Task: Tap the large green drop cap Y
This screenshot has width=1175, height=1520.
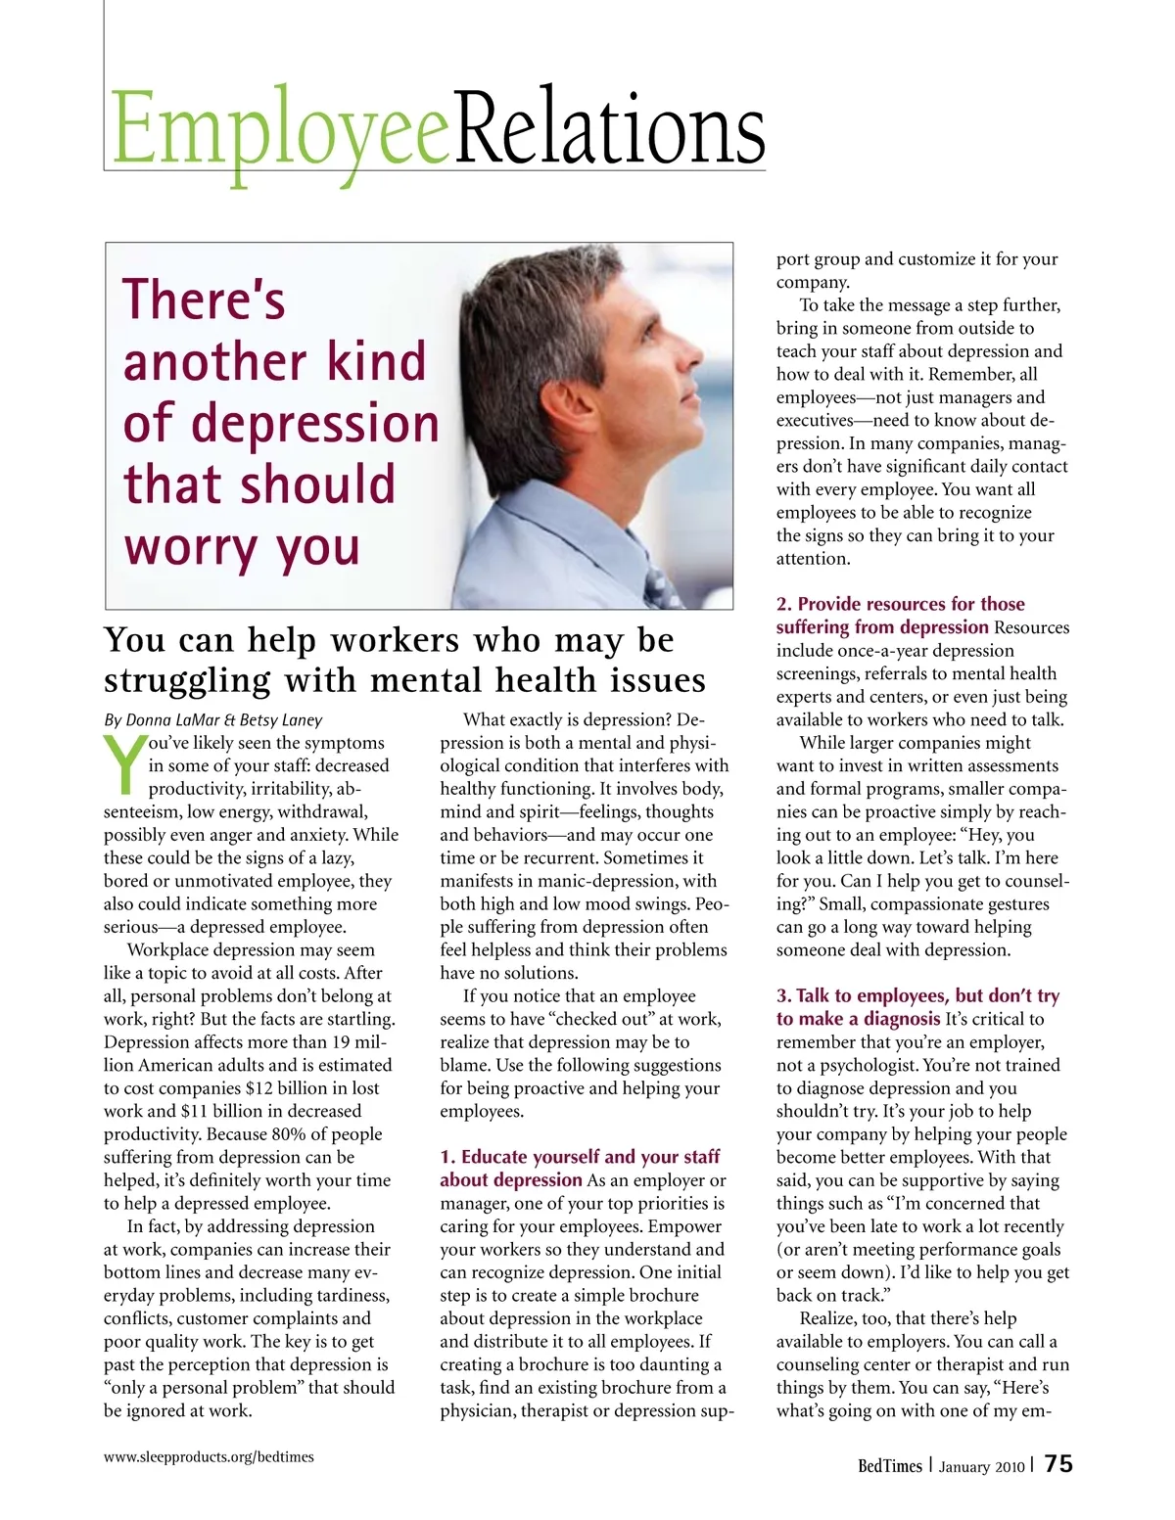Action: pyautogui.click(x=125, y=764)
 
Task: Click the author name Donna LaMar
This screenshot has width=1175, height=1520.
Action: pyautogui.click(x=174, y=720)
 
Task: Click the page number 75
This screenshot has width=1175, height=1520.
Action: pyautogui.click(x=1058, y=1464)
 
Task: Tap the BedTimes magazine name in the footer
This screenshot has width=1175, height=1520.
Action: pyautogui.click(x=889, y=1465)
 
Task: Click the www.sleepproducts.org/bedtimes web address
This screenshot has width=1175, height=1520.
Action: pyautogui.click(x=209, y=1456)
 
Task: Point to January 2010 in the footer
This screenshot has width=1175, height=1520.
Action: pyautogui.click(x=981, y=1466)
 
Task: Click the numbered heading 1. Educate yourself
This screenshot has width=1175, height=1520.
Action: pyautogui.click(x=580, y=1157)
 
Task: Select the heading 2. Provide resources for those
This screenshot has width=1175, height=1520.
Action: pyautogui.click(x=901, y=604)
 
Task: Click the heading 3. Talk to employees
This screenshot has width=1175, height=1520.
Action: pyautogui.click(x=917, y=996)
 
